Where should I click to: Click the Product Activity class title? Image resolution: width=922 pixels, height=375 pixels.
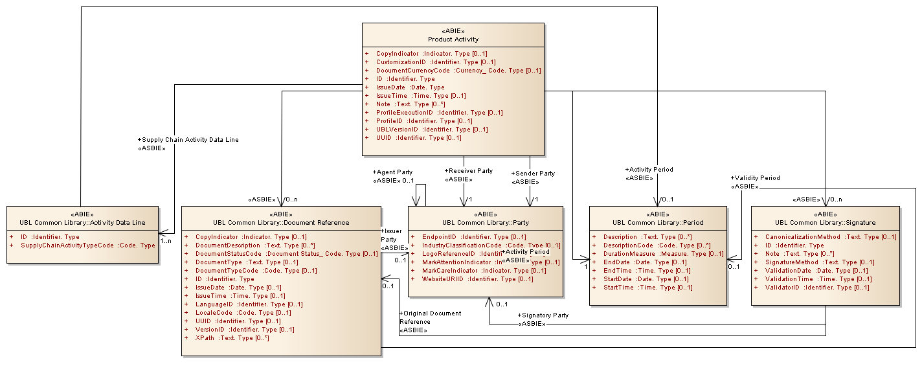(453, 40)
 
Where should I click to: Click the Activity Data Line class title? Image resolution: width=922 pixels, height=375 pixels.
(82, 223)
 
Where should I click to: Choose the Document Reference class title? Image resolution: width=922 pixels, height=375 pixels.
(281, 223)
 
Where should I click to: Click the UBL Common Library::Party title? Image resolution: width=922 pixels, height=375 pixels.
(485, 223)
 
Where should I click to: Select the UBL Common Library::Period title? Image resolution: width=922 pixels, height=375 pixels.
(658, 223)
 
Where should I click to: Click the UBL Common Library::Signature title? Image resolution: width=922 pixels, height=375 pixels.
(825, 223)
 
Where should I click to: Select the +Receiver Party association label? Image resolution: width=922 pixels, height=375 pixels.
(468, 171)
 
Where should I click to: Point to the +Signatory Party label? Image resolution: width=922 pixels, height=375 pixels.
(543, 315)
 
